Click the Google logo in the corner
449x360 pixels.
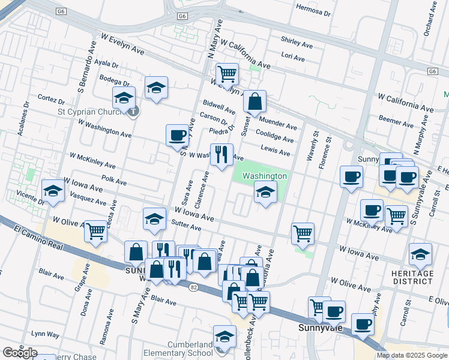20,353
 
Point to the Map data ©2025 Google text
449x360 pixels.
412,355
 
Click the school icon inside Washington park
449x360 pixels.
265,193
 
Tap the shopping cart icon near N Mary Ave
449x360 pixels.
228,74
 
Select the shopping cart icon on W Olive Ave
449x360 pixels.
95,231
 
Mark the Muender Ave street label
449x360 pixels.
278,126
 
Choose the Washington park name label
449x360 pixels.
265,176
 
